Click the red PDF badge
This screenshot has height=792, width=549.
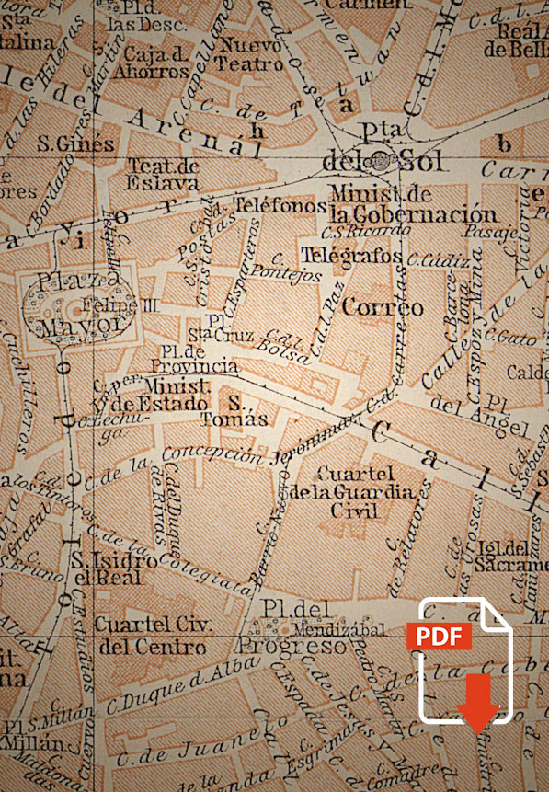[439, 637]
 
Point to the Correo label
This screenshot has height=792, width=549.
[383, 307]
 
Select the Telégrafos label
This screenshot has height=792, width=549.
[352, 255]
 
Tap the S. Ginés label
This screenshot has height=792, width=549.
[76, 143]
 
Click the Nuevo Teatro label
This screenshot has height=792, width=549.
[249, 54]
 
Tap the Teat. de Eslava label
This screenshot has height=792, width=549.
[163, 174]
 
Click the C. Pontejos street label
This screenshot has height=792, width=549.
[297, 269]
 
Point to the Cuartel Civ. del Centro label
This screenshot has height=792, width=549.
[153, 636]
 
